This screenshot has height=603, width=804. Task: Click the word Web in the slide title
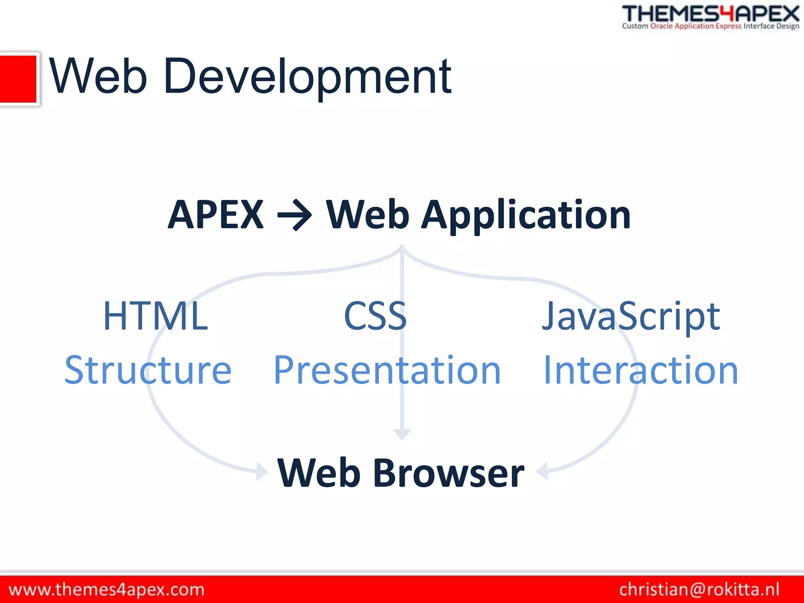click(x=98, y=77)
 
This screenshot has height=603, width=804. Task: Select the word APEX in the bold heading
click(x=216, y=215)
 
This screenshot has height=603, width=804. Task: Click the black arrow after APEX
click(x=294, y=215)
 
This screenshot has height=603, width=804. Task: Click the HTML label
click(x=155, y=316)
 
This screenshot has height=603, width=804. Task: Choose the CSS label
click(x=375, y=316)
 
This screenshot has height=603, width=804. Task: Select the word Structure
click(x=148, y=370)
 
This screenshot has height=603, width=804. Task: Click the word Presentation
click(x=387, y=370)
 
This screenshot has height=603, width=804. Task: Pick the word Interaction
click(x=641, y=370)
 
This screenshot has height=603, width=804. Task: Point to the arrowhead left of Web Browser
click(x=261, y=471)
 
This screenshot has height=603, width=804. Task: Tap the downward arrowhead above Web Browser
click(x=402, y=434)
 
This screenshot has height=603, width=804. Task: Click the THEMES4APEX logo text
click(x=711, y=13)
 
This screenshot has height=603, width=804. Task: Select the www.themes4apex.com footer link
click(x=106, y=590)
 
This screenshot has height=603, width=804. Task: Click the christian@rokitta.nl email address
click(x=699, y=590)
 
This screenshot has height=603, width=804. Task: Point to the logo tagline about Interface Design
click(x=711, y=26)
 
